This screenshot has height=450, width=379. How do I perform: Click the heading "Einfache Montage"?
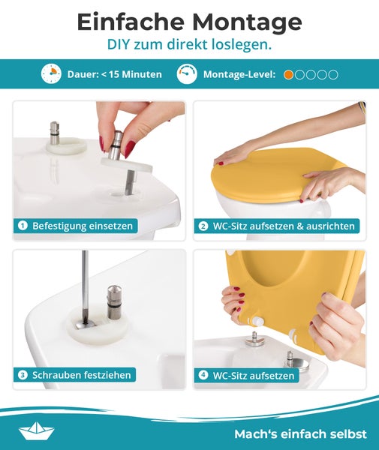[189, 22]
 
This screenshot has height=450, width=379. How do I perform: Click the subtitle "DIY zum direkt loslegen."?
[189, 45]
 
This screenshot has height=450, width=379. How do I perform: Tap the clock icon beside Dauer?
[51, 74]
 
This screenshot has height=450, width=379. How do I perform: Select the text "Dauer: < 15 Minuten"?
[114, 74]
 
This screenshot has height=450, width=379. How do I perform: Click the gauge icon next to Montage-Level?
[188, 74]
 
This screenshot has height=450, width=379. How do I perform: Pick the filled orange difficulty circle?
[288, 74]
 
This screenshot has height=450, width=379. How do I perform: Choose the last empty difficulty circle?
[333, 74]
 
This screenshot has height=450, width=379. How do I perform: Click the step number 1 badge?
[23, 225]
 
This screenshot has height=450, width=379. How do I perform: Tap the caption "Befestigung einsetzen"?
[82, 225]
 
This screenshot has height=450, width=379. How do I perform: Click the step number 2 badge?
[203, 225]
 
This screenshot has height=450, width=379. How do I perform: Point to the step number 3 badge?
[23, 374]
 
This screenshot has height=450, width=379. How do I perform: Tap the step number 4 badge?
[203, 374]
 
